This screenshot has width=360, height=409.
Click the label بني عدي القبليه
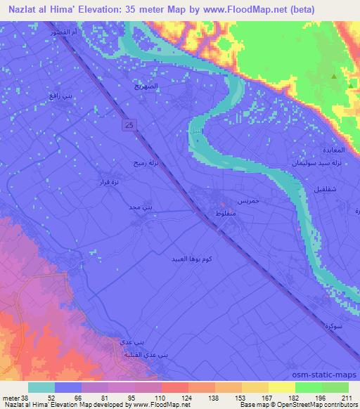[132, 354]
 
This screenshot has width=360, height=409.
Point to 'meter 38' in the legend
[13, 397]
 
